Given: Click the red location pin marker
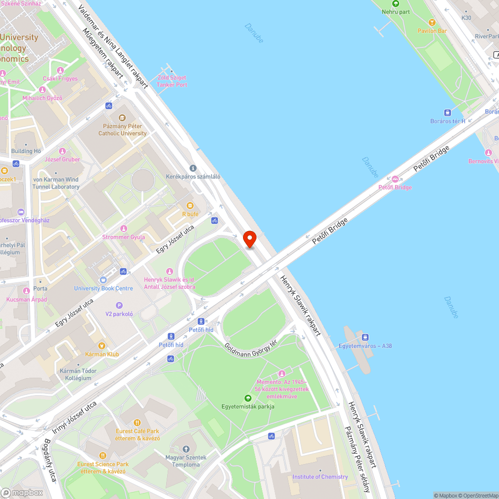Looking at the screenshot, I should tap(249, 239).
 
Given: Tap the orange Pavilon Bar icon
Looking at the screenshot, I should tap(432, 22).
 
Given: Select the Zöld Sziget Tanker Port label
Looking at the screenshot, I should tap(172, 81).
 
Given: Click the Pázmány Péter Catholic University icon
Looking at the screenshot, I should tap(122, 118).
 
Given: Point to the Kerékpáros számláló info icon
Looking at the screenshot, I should tap(193, 168).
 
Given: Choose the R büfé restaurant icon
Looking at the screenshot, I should tap(190, 206).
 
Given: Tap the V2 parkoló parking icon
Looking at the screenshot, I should tap(119, 305).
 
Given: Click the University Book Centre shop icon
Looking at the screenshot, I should tap(103, 280).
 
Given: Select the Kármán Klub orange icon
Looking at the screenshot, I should tap(102, 345).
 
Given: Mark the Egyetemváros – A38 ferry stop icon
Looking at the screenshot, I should tap(365, 337).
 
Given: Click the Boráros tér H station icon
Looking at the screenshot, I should tap(448, 113).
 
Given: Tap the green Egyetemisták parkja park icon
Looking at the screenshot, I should tap(248, 398).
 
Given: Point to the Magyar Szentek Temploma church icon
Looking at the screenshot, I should tap(186, 449).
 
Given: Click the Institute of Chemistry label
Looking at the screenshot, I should tap(320, 477).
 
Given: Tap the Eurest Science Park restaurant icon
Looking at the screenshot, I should tap(103, 455).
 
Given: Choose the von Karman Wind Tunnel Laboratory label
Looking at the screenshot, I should tap(56, 183).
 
